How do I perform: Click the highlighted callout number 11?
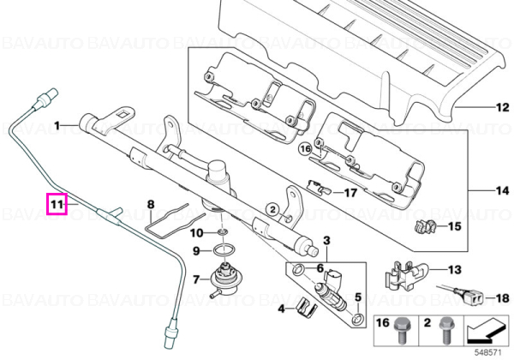coord(57,205)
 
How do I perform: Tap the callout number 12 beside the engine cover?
coord(503,107)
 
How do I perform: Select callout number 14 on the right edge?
coord(503,190)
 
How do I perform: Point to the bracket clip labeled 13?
coord(404,275)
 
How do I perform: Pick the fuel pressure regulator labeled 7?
coord(224,278)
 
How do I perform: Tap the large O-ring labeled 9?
coord(223,251)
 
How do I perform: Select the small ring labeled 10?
coord(222,232)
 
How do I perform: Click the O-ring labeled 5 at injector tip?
coord(357,317)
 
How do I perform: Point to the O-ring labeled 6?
coord(298,269)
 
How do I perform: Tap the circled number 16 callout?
coord(306,149)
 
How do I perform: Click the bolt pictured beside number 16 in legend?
coord(401,330)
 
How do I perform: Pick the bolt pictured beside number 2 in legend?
coord(445,330)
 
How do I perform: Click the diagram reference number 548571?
coord(488,353)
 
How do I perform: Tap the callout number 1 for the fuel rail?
coord(57,126)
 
